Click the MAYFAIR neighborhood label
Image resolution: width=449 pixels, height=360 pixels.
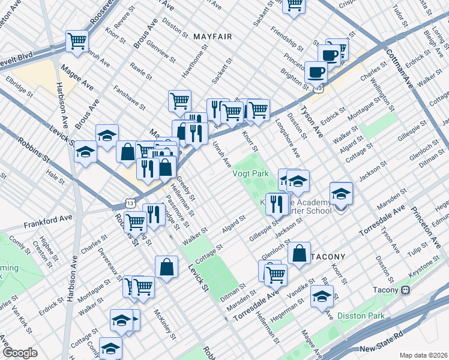[212, 37]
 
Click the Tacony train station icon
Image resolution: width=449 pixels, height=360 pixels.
[406, 290]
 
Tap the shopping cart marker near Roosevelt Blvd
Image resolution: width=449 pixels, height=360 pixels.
[77, 41]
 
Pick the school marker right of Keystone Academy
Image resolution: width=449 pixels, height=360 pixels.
[341, 193]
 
